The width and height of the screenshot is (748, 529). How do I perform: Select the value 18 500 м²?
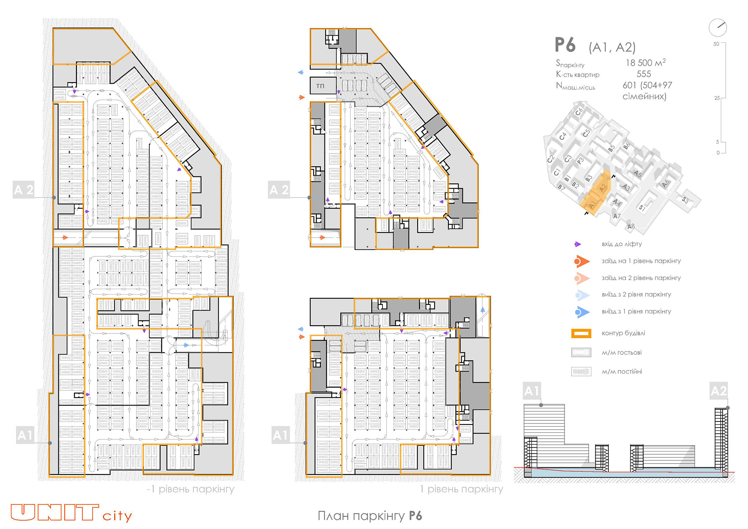click(646, 63)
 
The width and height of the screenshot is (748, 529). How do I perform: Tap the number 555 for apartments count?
click(644, 74)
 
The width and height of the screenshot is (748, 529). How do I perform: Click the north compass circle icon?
click(718, 28)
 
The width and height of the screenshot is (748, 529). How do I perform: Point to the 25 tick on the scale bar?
click(717, 98)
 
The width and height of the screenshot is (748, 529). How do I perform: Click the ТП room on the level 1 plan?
click(320, 86)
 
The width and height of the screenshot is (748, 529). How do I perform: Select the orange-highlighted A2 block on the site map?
click(602, 188)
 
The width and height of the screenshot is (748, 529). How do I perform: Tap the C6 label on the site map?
click(579, 111)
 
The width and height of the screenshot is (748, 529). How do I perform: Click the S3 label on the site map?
click(685, 200)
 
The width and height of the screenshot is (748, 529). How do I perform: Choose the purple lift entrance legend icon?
click(577, 244)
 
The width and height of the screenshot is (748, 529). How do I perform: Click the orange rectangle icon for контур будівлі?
click(581, 333)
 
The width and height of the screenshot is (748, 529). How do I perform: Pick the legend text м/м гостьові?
click(621, 353)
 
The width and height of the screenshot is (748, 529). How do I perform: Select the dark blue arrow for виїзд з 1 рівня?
click(582, 312)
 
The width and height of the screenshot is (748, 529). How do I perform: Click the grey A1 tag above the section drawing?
click(531, 391)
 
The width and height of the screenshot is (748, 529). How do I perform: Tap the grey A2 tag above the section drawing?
click(718, 391)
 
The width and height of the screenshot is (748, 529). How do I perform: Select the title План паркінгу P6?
click(369, 516)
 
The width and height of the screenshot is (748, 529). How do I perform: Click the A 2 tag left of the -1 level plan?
click(23, 190)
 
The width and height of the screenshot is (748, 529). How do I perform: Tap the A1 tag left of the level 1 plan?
click(280, 435)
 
